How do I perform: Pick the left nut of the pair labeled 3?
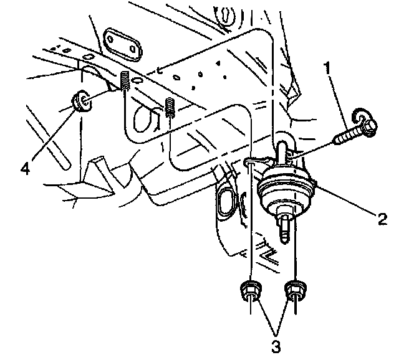click(x=249, y=290)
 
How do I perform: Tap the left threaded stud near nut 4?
click(x=125, y=81)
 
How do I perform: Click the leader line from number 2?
click(x=349, y=199)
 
